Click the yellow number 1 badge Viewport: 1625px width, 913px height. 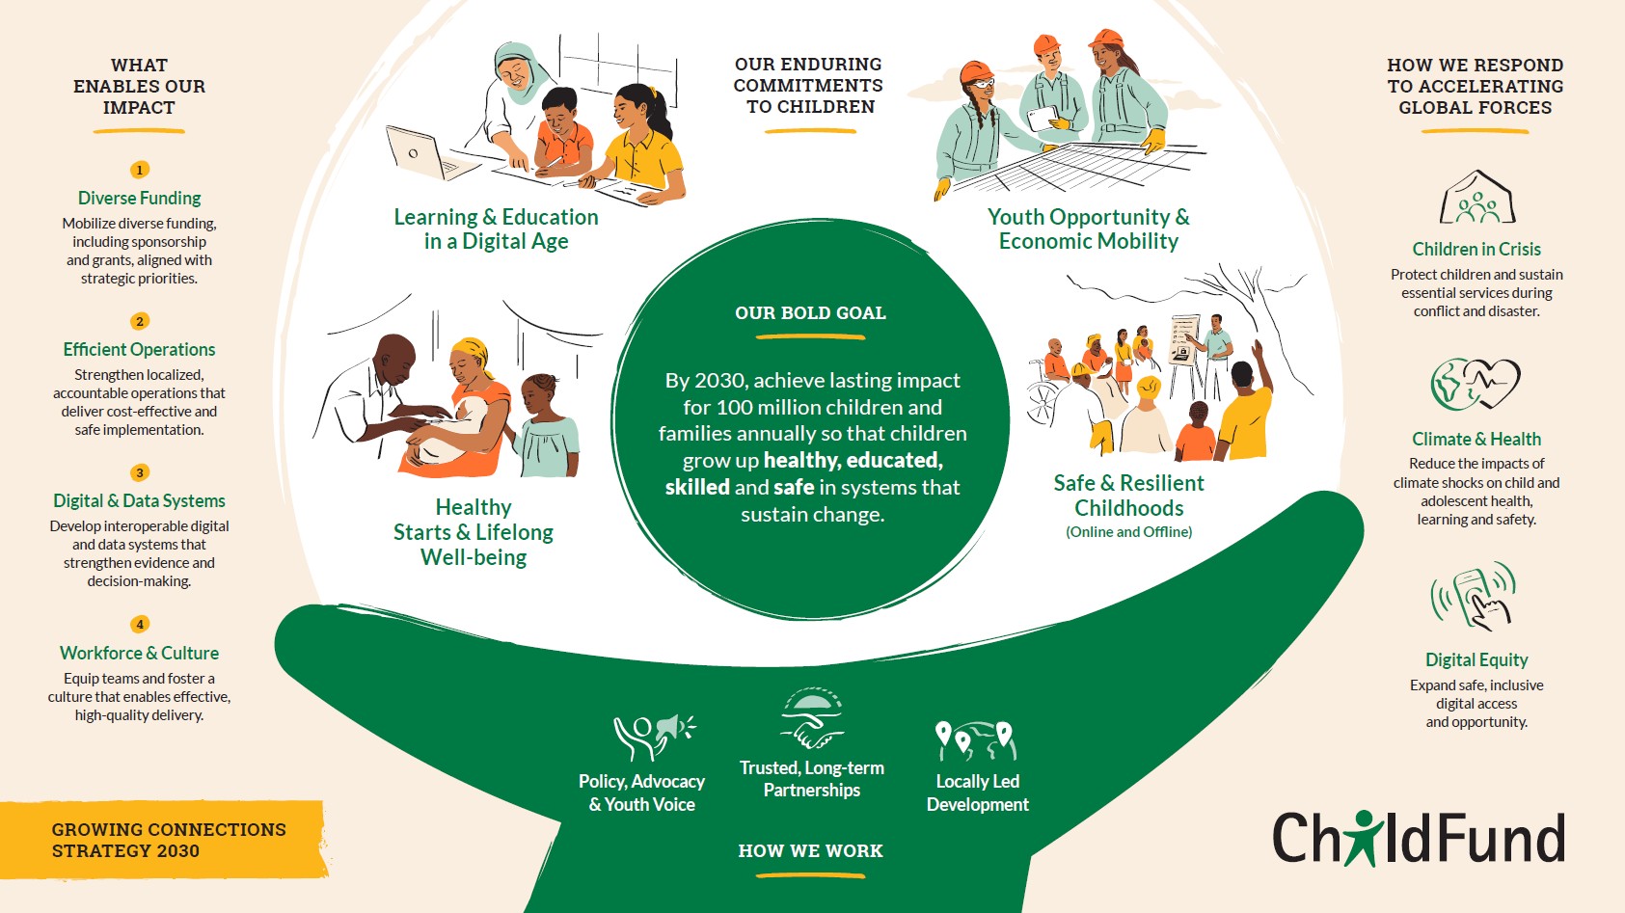click(139, 170)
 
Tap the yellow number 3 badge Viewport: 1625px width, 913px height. click(139, 472)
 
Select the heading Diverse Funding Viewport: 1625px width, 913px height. click(139, 198)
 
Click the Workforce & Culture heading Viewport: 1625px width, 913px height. click(139, 653)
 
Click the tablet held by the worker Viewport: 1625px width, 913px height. click(1042, 119)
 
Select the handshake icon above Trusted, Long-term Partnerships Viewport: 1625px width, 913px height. click(812, 718)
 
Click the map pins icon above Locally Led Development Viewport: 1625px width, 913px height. click(977, 740)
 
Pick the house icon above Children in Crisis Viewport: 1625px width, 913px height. click(1477, 197)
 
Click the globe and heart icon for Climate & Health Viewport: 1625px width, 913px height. click(1475, 384)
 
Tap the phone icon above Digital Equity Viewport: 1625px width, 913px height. click(1474, 596)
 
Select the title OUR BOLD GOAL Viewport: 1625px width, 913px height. click(810, 313)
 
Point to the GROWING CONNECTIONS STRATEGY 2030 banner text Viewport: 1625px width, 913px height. click(169, 840)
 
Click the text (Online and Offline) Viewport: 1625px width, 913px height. click(1128, 531)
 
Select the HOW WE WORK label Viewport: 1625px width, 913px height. click(810, 850)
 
